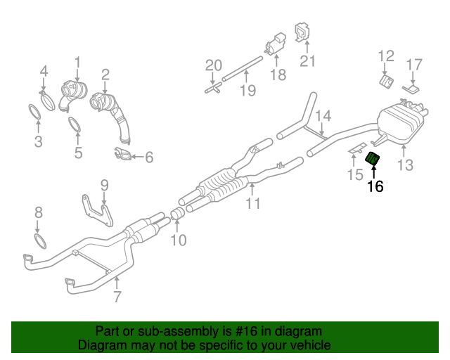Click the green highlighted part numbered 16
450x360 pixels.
(373, 160)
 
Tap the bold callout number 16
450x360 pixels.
(375, 186)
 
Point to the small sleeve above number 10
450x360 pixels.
(178, 213)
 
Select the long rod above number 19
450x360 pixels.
(240, 69)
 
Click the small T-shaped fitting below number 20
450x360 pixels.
(213, 90)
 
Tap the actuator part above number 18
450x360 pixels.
(274, 44)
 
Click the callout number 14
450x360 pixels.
(322, 115)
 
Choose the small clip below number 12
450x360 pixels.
(386, 82)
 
